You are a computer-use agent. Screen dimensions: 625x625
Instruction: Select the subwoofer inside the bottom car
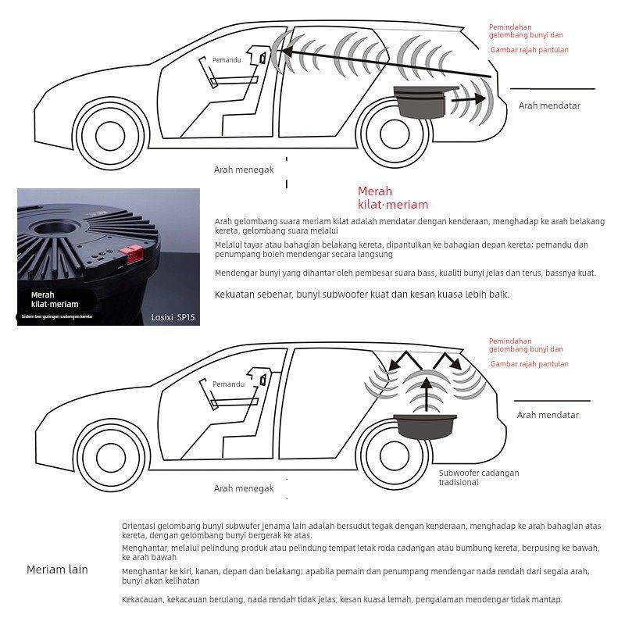click(x=427, y=427)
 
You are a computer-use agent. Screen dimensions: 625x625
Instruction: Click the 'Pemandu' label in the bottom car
click(x=228, y=384)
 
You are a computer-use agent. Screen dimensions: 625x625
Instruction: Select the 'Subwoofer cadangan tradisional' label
click(x=478, y=477)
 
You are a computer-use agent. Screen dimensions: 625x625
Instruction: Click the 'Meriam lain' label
click(x=57, y=570)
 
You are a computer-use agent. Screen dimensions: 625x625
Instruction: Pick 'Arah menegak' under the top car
click(x=244, y=170)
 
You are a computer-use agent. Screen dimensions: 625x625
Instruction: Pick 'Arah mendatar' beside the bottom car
click(x=548, y=416)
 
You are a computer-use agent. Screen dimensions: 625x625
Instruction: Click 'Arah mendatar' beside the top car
click(x=549, y=105)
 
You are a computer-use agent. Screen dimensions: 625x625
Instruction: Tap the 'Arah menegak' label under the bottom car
click(x=244, y=488)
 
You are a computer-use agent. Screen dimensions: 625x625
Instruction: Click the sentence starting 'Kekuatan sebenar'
click(x=362, y=295)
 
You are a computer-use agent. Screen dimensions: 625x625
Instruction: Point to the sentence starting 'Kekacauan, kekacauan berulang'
click(x=341, y=599)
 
